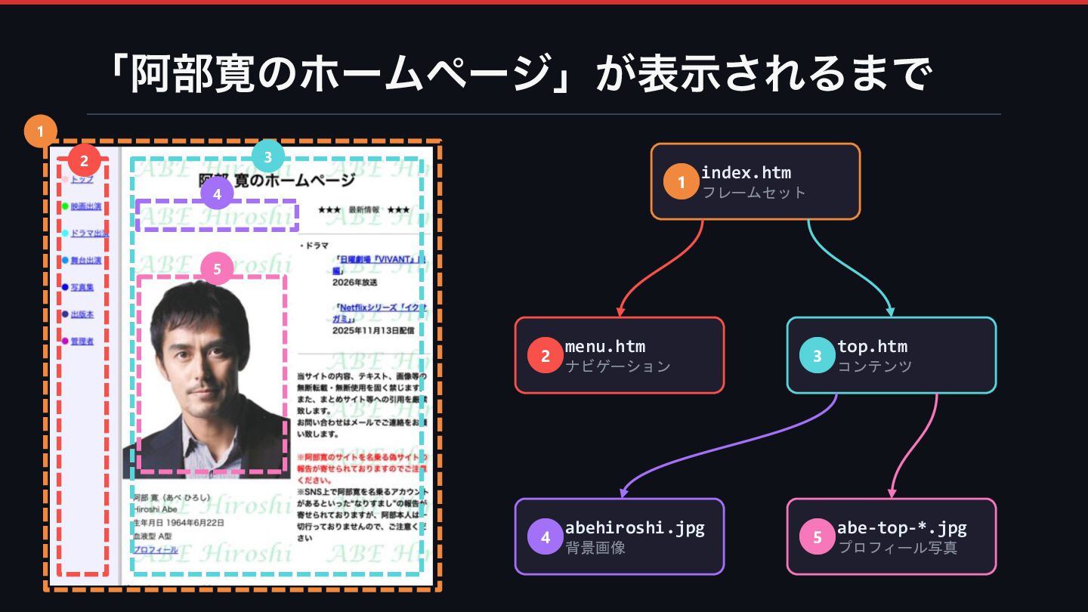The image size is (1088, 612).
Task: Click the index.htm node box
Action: tap(756, 181)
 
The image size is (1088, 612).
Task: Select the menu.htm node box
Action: tap(620, 355)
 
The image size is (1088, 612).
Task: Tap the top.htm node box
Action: tap(892, 355)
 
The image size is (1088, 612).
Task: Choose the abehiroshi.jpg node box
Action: tap(620, 536)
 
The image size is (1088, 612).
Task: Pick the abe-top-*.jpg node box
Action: tap(892, 536)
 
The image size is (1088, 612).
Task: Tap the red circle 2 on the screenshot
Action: tap(84, 160)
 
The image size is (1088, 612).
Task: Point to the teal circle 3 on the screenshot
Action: tap(267, 157)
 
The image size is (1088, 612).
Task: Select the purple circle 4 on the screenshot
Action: tap(217, 193)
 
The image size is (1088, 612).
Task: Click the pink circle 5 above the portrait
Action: tap(217, 268)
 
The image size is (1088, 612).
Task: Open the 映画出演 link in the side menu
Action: tap(85, 206)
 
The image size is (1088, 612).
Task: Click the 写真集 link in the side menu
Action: tap(82, 287)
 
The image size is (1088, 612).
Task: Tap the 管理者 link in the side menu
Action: tap(82, 342)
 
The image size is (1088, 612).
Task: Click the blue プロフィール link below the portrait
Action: tap(156, 550)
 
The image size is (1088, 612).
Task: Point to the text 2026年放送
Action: tap(354, 283)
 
